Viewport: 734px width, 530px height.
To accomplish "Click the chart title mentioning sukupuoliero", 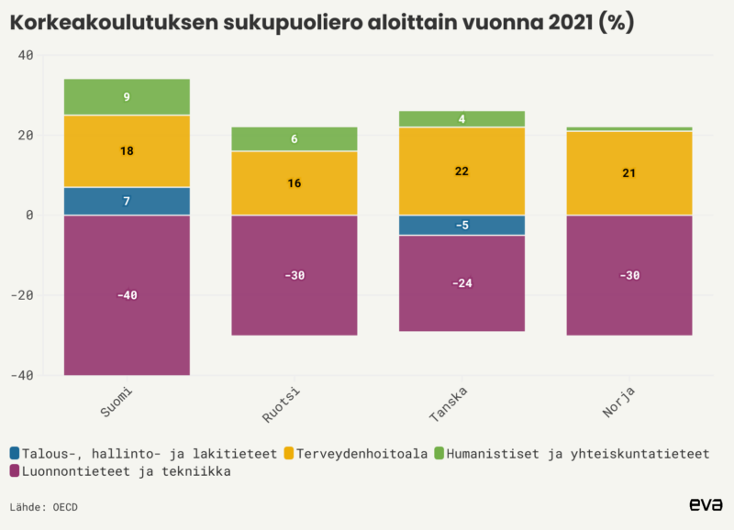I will pyautogui.click(x=321, y=23).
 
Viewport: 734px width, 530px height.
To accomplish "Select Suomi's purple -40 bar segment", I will pyautogui.click(x=127, y=295).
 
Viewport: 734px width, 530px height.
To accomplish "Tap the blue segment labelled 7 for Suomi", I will pyautogui.click(x=127, y=201).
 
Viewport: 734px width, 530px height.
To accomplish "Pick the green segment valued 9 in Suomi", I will pyautogui.click(x=127, y=96).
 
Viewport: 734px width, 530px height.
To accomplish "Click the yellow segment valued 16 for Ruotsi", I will pyautogui.click(x=294, y=183).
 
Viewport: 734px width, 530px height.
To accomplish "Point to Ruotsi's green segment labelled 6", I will pyautogui.click(x=294, y=138).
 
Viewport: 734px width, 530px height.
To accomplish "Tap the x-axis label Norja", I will pyautogui.click(x=619, y=403).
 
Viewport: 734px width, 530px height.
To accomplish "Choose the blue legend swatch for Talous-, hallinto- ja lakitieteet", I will pyautogui.click(x=15, y=453).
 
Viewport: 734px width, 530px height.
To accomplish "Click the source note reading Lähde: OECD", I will pyautogui.click(x=44, y=506).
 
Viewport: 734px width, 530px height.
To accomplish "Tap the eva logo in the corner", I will pyautogui.click(x=706, y=504).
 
